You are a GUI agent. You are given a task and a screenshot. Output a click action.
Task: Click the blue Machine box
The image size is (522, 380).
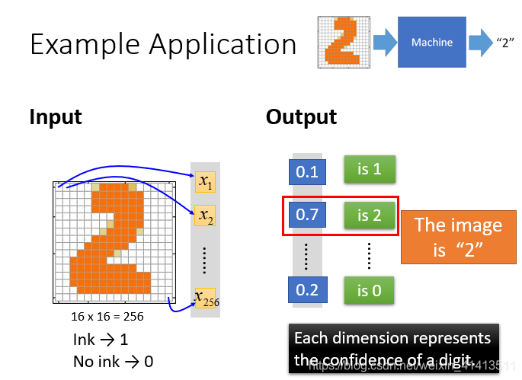[431, 43]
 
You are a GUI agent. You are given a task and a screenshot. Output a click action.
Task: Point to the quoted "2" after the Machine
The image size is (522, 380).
[504, 43]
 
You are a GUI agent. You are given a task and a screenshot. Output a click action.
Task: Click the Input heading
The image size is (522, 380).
[56, 117]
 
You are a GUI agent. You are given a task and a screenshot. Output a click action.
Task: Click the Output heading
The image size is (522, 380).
[301, 117]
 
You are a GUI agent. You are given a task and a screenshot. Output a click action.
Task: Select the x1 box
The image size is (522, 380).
[205, 181]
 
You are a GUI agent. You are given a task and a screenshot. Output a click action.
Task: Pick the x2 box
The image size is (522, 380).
[205, 216]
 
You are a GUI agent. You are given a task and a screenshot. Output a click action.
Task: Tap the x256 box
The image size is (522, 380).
[204, 298]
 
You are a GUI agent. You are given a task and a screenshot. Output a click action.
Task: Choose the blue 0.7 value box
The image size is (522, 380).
[306, 216]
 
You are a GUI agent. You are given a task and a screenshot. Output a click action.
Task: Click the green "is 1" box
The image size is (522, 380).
[369, 169]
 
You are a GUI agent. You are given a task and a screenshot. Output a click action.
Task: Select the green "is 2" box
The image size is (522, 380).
[369, 215]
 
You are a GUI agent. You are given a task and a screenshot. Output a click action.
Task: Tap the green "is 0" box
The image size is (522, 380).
[369, 290]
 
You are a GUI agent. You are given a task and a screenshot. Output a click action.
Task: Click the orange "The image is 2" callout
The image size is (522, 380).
[458, 236]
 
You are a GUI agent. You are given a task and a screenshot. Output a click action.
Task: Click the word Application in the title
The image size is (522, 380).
[223, 45]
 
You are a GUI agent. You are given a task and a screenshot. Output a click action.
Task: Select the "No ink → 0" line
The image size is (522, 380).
[113, 361]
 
